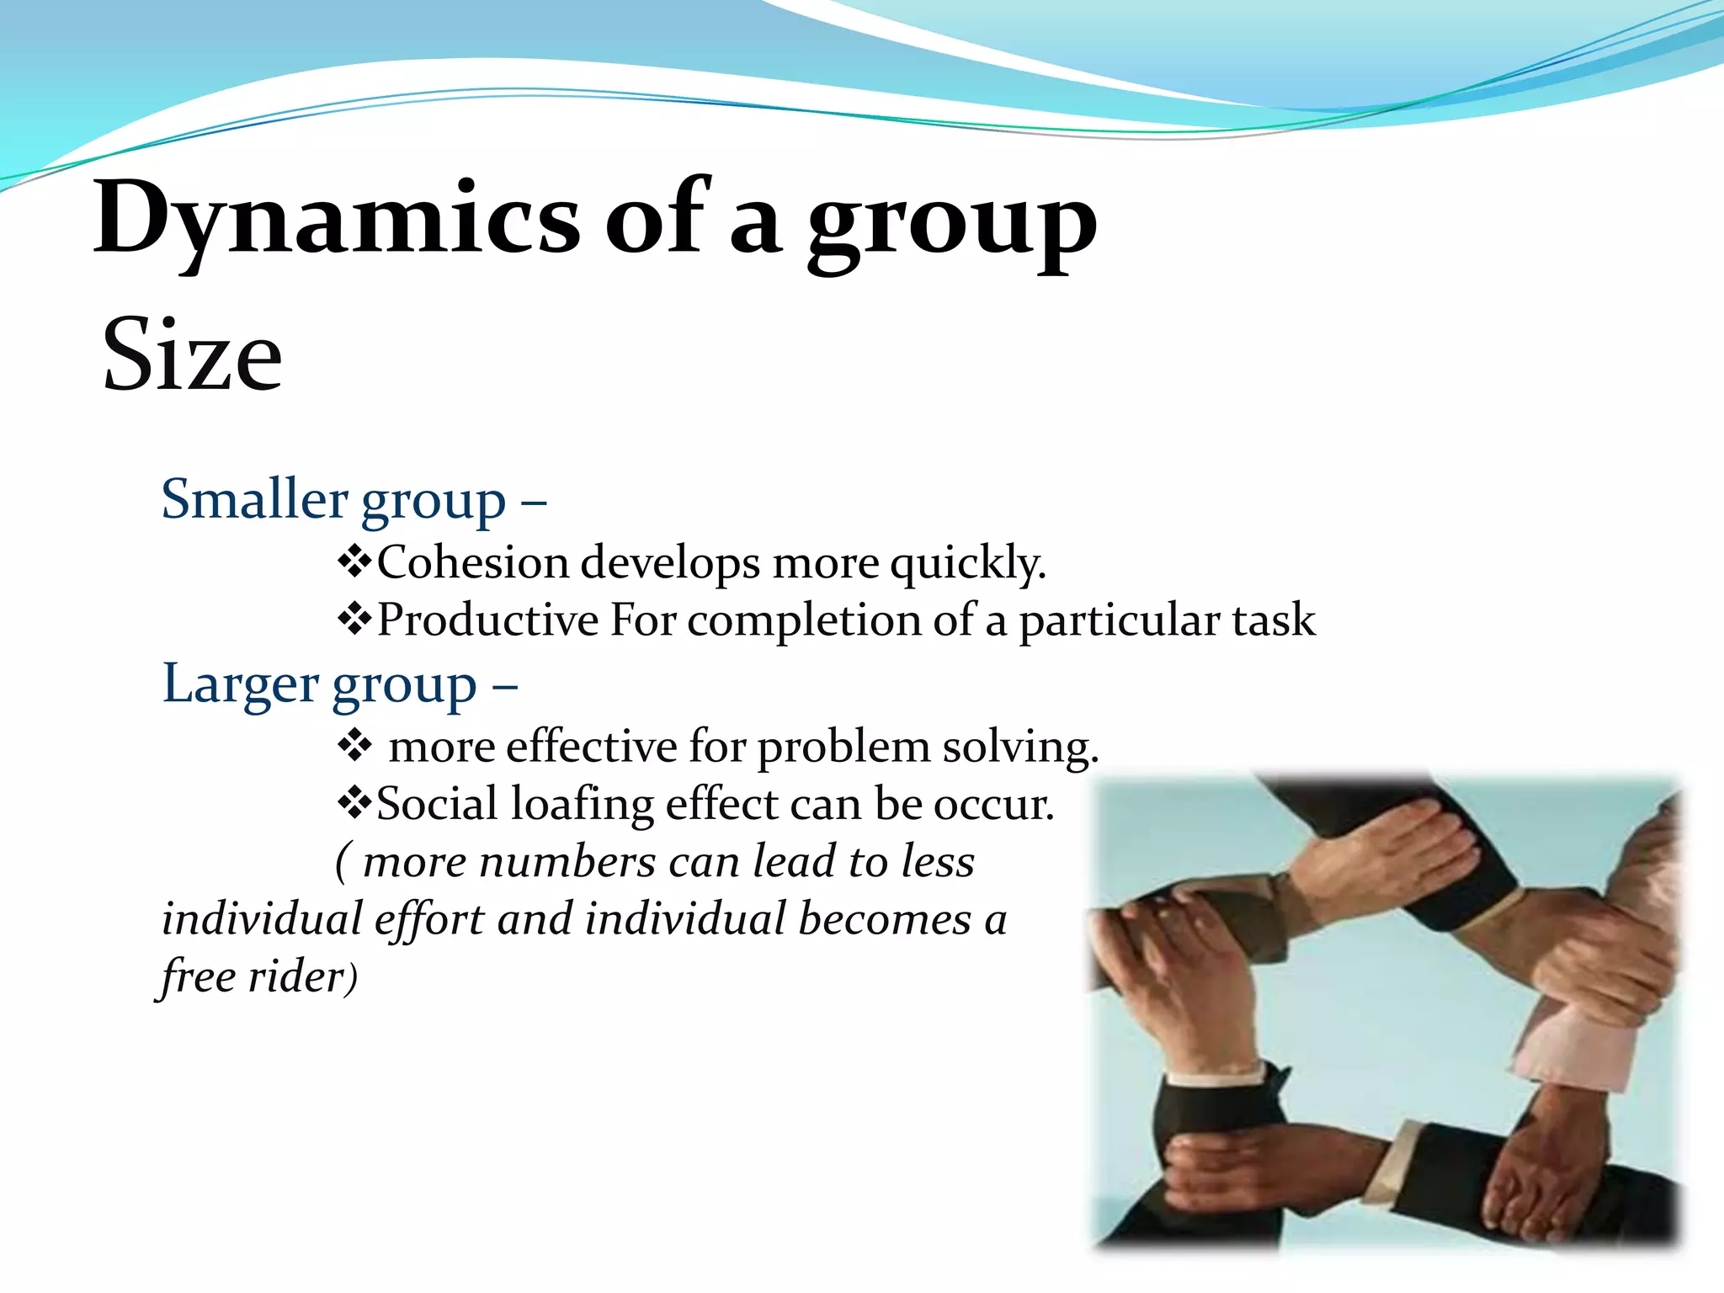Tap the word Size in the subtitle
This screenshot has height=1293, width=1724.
click(192, 355)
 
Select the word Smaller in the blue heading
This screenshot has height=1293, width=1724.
click(254, 499)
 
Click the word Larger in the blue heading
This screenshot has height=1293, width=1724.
click(240, 684)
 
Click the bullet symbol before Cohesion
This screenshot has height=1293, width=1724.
click(354, 561)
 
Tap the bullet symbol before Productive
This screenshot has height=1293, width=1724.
click(354, 620)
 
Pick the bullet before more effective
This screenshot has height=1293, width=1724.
click(354, 746)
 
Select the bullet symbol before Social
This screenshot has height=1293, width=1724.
click(354, 804)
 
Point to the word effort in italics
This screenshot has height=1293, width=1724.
click(429, 919)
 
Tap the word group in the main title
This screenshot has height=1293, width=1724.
click(951, 223)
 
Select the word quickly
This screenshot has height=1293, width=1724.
click(967, 563)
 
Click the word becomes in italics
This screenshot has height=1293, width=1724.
click(885, 919)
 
